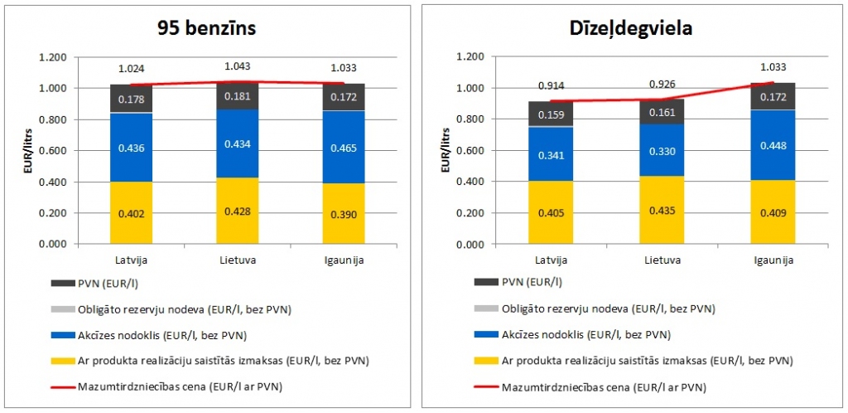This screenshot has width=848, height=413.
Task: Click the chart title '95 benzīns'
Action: coord(207,27)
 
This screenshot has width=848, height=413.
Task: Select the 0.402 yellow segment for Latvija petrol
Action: coord(131,214)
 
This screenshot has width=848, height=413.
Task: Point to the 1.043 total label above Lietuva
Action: coord(238,66)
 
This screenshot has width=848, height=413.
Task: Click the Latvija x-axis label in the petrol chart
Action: coord(131,260)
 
